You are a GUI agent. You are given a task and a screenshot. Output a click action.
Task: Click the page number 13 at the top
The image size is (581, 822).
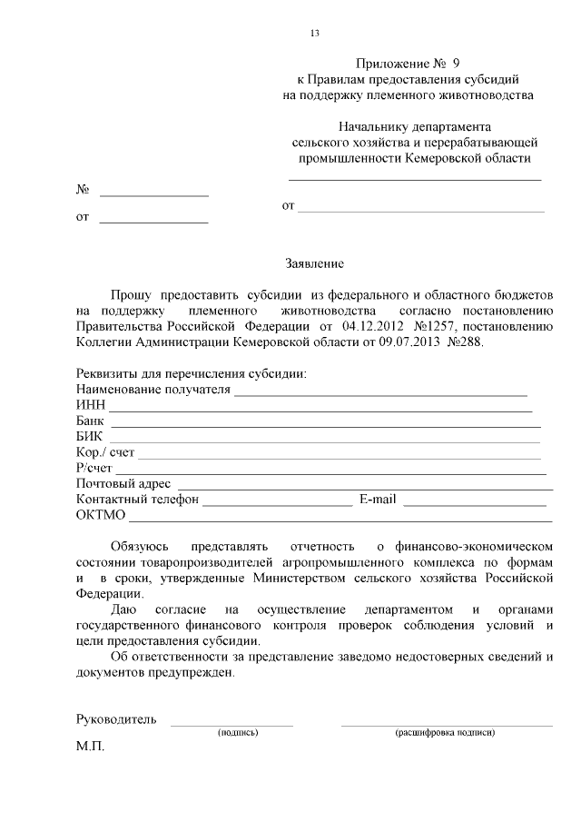(315, 34)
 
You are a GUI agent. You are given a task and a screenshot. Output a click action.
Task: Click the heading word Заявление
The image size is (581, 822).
(314, 264)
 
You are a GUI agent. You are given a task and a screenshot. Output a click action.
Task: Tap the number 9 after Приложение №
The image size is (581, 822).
(456, 64)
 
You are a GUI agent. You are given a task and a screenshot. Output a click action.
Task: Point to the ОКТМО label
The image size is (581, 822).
(101, 516)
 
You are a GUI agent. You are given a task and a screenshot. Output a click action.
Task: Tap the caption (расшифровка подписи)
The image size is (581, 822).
(445, 732)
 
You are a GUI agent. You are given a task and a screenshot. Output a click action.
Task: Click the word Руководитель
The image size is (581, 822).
(116, 719)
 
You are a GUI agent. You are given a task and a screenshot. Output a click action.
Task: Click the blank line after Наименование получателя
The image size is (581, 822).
(381, 394)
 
